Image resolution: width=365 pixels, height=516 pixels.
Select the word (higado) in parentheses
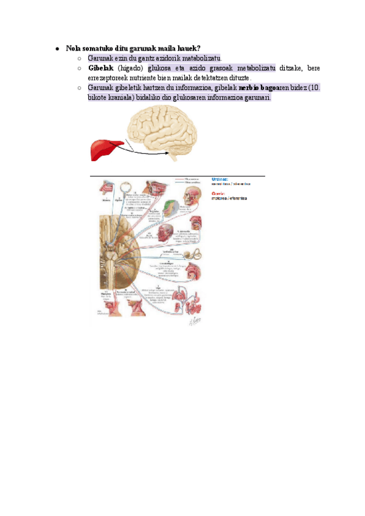[130, 68]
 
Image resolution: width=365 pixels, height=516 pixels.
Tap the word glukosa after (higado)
[161, 68]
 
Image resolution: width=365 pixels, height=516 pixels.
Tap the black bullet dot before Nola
[56, 48]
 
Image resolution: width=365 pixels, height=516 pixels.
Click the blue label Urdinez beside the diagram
[220, 180]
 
